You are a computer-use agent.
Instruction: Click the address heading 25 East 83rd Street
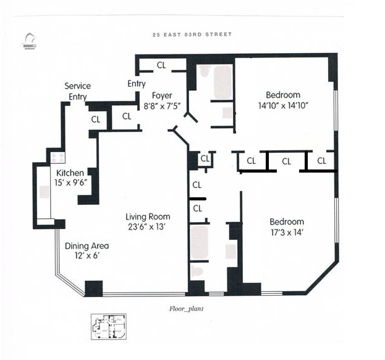pos(192,35)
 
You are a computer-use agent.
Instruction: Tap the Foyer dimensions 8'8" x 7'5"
pos(162,106)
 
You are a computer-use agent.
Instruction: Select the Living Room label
pos(148,216)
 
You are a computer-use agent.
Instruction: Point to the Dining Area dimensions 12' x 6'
pos(87,256)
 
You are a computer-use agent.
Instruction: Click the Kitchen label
pos(70,173)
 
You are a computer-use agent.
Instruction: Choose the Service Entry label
pos(78,91)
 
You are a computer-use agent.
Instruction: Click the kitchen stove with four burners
pos(58,158)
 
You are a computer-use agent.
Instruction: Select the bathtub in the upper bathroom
pos(222,82)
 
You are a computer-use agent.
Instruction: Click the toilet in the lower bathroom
pos(197,271)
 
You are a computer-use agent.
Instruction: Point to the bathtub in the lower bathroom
pos(200,243)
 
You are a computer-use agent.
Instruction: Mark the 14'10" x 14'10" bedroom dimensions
pos(283,106)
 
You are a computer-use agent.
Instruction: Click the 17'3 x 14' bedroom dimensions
pos(287,233)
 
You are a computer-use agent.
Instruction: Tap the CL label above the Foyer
pos(161,65)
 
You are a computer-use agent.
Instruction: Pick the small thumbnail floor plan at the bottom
pos(109,327)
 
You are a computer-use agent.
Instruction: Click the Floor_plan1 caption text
pos(187,309)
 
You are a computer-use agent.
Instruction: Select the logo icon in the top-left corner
pos(30,41)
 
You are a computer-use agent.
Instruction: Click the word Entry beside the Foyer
pos(137,84)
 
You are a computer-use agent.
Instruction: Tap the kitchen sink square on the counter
pos(44,192)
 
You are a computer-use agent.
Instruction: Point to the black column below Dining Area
pos(94,288)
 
